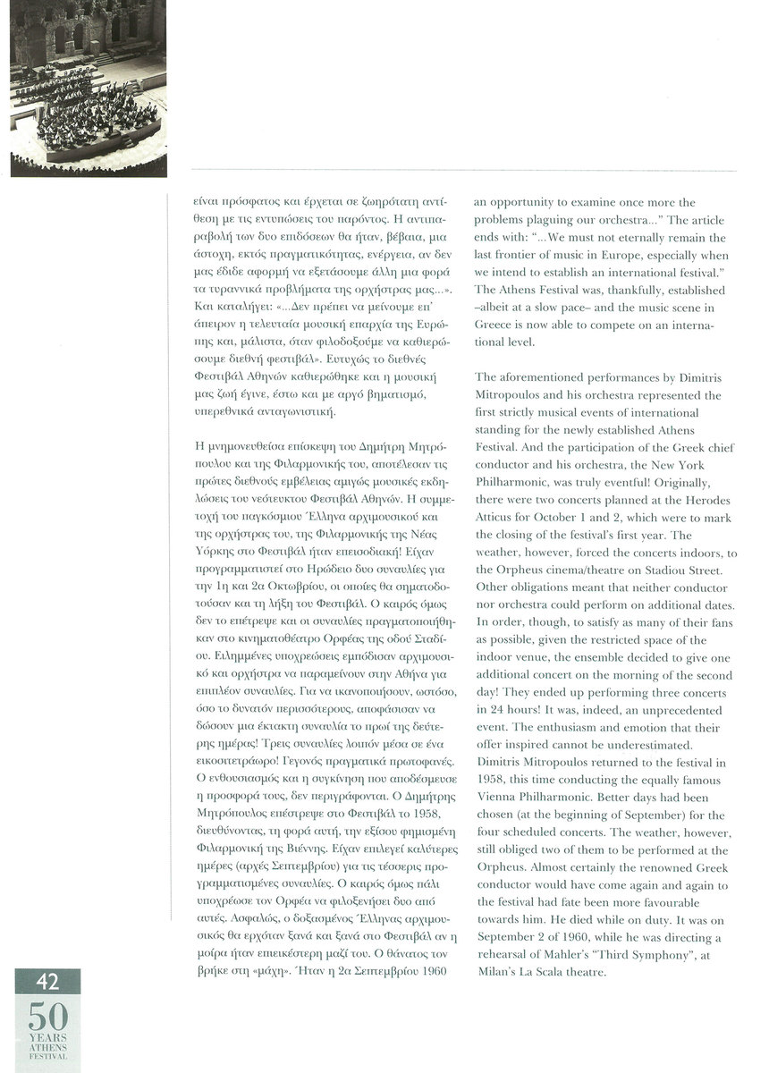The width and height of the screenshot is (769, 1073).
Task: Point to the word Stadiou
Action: [663, 569]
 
